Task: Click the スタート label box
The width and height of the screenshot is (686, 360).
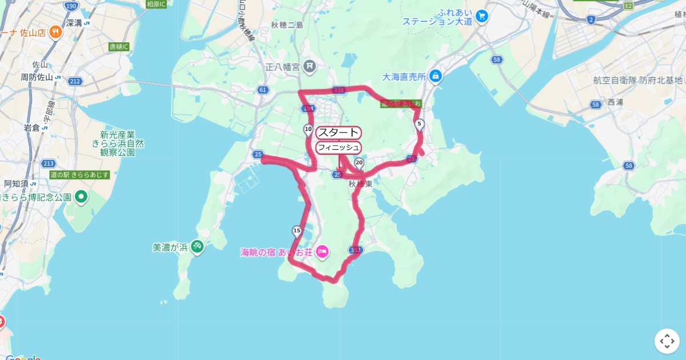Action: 338,133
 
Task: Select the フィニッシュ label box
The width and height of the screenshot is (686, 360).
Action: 338,147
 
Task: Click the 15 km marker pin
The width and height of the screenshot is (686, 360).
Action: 296,231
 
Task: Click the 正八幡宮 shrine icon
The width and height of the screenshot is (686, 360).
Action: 309,67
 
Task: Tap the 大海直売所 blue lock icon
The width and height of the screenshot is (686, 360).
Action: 436,75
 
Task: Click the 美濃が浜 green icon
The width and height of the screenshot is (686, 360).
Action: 197,247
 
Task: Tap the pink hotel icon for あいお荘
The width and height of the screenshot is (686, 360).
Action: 322,251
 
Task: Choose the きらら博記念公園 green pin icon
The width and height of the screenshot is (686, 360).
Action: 81,197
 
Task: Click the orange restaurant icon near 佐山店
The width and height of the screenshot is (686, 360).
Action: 55,32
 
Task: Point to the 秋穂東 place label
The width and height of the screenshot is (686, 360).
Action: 360,184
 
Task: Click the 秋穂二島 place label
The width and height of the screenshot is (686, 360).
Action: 287,25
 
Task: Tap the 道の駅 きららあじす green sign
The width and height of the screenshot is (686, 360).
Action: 79,174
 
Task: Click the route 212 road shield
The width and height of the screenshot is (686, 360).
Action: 75,82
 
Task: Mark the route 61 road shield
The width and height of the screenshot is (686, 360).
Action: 263,90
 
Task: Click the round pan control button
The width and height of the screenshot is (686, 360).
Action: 667,341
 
